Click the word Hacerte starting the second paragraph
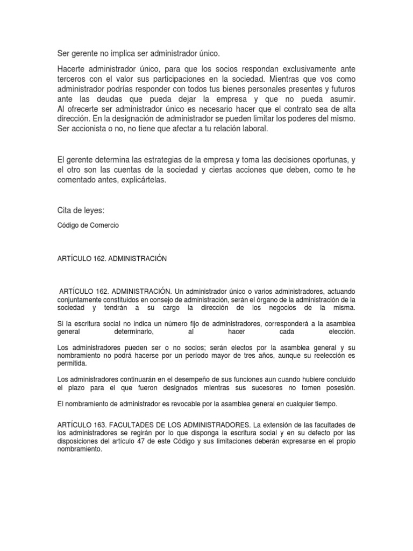pyautogui.click(x=73, y=70)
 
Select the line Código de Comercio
pyautogui.click(x=88, y=225)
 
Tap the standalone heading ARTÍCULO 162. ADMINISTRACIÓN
pyautogui.click(x=112, y=258)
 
